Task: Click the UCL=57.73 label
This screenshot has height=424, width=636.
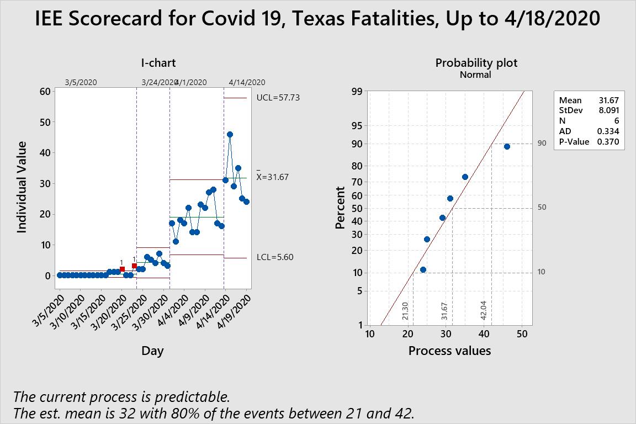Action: pyautogui.click(x=278, y=98)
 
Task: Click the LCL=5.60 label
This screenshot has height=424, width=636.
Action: pyautogui.click(x=275, y=257)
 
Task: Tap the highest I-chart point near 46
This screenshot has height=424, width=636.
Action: pyautogui.click(x=230, y=134)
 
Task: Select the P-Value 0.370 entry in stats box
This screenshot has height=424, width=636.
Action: pyautogui.click(x=589, y=142)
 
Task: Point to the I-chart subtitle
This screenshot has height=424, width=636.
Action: pyautogui.click(x=158, y=63)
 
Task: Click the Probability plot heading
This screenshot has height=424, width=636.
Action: pyautogui.click(x=476, y=63)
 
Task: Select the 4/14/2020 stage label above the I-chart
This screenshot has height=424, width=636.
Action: pyautogui.click(x=247, y=82)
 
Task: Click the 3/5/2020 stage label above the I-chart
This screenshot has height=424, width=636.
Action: pyautogui.click(x=81, y=82)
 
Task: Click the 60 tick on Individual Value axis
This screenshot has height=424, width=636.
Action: pyautogui.click(x=45, y=92)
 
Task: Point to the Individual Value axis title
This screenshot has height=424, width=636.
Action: pyautogui.click(x=22, y=187)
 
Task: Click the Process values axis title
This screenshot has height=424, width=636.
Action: pyautogui.click(x=449, y=351)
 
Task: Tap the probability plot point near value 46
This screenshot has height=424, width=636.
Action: pyautogui.click(x=507, y=146)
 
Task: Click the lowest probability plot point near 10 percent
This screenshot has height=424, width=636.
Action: pyautogui.click(x=423, y=269)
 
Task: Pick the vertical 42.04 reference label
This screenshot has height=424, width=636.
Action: pyautogui.click(x=484, y=311)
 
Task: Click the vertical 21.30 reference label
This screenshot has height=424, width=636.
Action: pyautogui.click(x=405, y=311)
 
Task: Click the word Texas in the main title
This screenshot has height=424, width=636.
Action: pyautogui.click(x=323, y=19)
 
